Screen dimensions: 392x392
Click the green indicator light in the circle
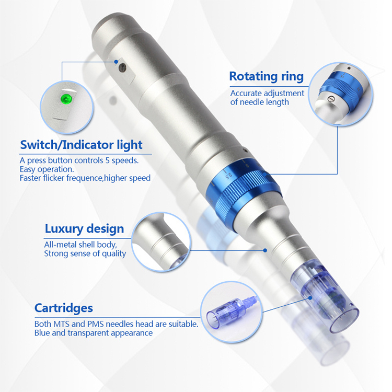(x=66, y=98)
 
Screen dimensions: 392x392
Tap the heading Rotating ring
(x=266, y=76)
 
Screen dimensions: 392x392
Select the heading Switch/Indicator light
(x=81, y=145)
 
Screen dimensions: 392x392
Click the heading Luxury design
(x=84, y=228)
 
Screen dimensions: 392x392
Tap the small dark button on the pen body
(x=123, y=67)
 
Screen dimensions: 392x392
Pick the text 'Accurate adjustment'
(x=267, y=93)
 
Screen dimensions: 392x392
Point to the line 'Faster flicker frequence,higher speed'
(x=85, y=178)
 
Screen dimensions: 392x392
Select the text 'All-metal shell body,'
(x=80, y=245)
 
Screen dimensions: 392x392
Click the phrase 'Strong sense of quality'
(x=85, y=253)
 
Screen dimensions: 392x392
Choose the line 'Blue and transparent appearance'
(x=94, y=333)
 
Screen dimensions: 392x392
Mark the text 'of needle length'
(x=259, y=102)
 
